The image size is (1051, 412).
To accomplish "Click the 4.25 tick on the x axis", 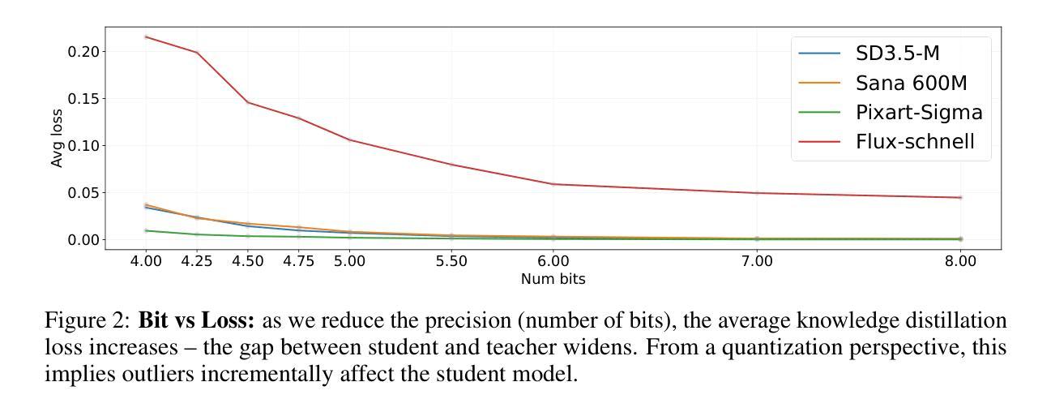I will click(x=197, y=263).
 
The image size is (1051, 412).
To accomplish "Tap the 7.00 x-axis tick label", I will click(x=757, y=263).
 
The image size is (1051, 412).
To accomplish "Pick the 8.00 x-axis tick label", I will click(x=960, y=263).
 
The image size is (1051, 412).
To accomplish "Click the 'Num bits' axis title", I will click(x=553, y=279).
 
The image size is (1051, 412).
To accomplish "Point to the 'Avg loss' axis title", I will click(x=58, y=138).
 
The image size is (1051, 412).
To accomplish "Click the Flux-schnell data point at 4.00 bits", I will click(x=146, y=36).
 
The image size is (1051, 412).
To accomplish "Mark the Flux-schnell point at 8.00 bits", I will click(x=960, y=197).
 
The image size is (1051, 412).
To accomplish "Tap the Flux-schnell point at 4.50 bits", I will click(x=248, y=102).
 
